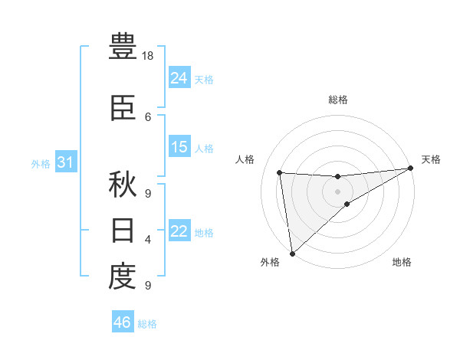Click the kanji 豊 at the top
click(x=123, y=47)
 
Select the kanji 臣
click(x=123, y=110)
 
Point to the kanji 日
click(x=123, y=231)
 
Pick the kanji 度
click(x=123, y=277)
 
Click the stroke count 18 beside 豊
click(x=149, y=56)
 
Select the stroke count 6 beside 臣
click(x=148, y=116)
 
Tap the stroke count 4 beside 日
click(x=148, y=240)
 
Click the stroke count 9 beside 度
click(x=148, y=286)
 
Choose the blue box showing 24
click(x=179, y=77)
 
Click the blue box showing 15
click(x=179, y=147)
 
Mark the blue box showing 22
click(x=179, y=231)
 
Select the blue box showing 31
click(x=65, y=162)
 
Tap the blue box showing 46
click(x=122, y=322)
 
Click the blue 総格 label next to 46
click(x=147, y=324)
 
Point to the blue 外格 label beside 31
click(x=40, y=163)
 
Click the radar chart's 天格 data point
click(x=410, y=169)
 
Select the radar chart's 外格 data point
click(x=291, y=253)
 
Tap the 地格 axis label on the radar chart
click(x=402, y=263)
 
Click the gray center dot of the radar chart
click(x=337, y=191)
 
